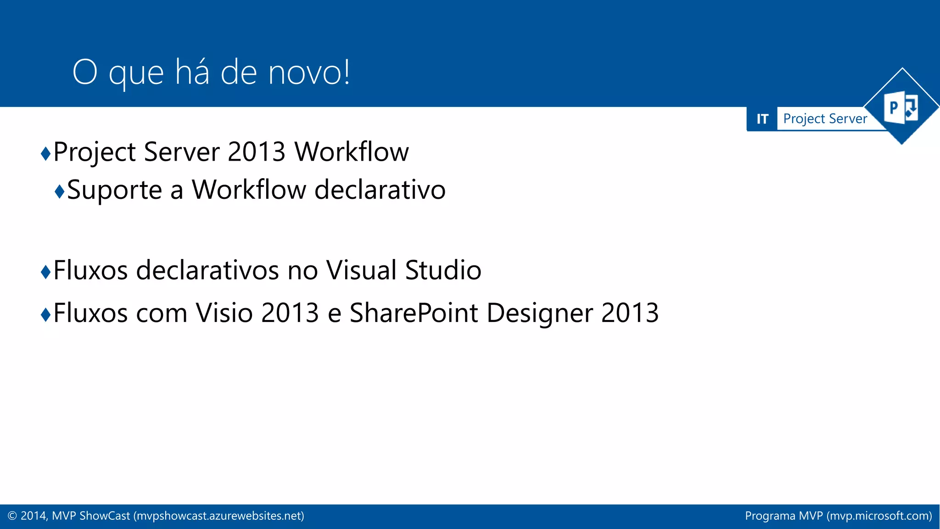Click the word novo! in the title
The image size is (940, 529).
click(309, 73)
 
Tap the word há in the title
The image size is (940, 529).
click(192, 73)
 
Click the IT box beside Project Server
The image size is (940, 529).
click(762, 119)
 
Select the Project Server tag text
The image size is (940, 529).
click(825, 119)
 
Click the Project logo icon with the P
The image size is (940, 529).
click(901, 108)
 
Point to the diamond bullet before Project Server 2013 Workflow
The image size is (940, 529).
click(45, 153)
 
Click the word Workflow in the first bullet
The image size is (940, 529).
click(351, 152)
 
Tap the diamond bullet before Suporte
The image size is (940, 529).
click(59, 191)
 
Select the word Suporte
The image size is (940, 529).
click(115, 190)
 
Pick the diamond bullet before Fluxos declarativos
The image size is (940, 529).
click(45, 272)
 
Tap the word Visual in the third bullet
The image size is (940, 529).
click(361, 270)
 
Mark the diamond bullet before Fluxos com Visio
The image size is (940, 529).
click(45, 315)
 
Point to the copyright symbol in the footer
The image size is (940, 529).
click(12, 516)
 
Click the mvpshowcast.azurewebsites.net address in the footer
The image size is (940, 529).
click(218, 516)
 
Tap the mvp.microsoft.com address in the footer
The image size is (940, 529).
click(879, 516)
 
